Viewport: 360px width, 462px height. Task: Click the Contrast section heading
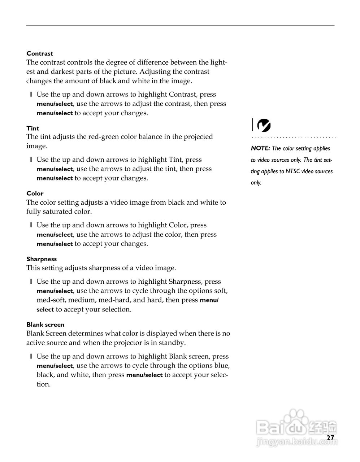coord(40,54)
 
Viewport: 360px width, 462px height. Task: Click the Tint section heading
coord(32,128)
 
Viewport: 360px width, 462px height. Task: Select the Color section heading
coord(35,193)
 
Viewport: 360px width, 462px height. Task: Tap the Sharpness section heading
coord(42,259)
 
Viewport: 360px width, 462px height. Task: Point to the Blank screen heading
coord(45,325)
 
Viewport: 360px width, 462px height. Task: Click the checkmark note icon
coord(264,125)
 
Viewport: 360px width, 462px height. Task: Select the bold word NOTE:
coord(260,148)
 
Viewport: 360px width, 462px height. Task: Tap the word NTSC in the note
coord(292,171)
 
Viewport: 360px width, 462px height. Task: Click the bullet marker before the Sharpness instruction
coord(31,282)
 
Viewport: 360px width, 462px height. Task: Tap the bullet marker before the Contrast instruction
coord(31,95)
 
